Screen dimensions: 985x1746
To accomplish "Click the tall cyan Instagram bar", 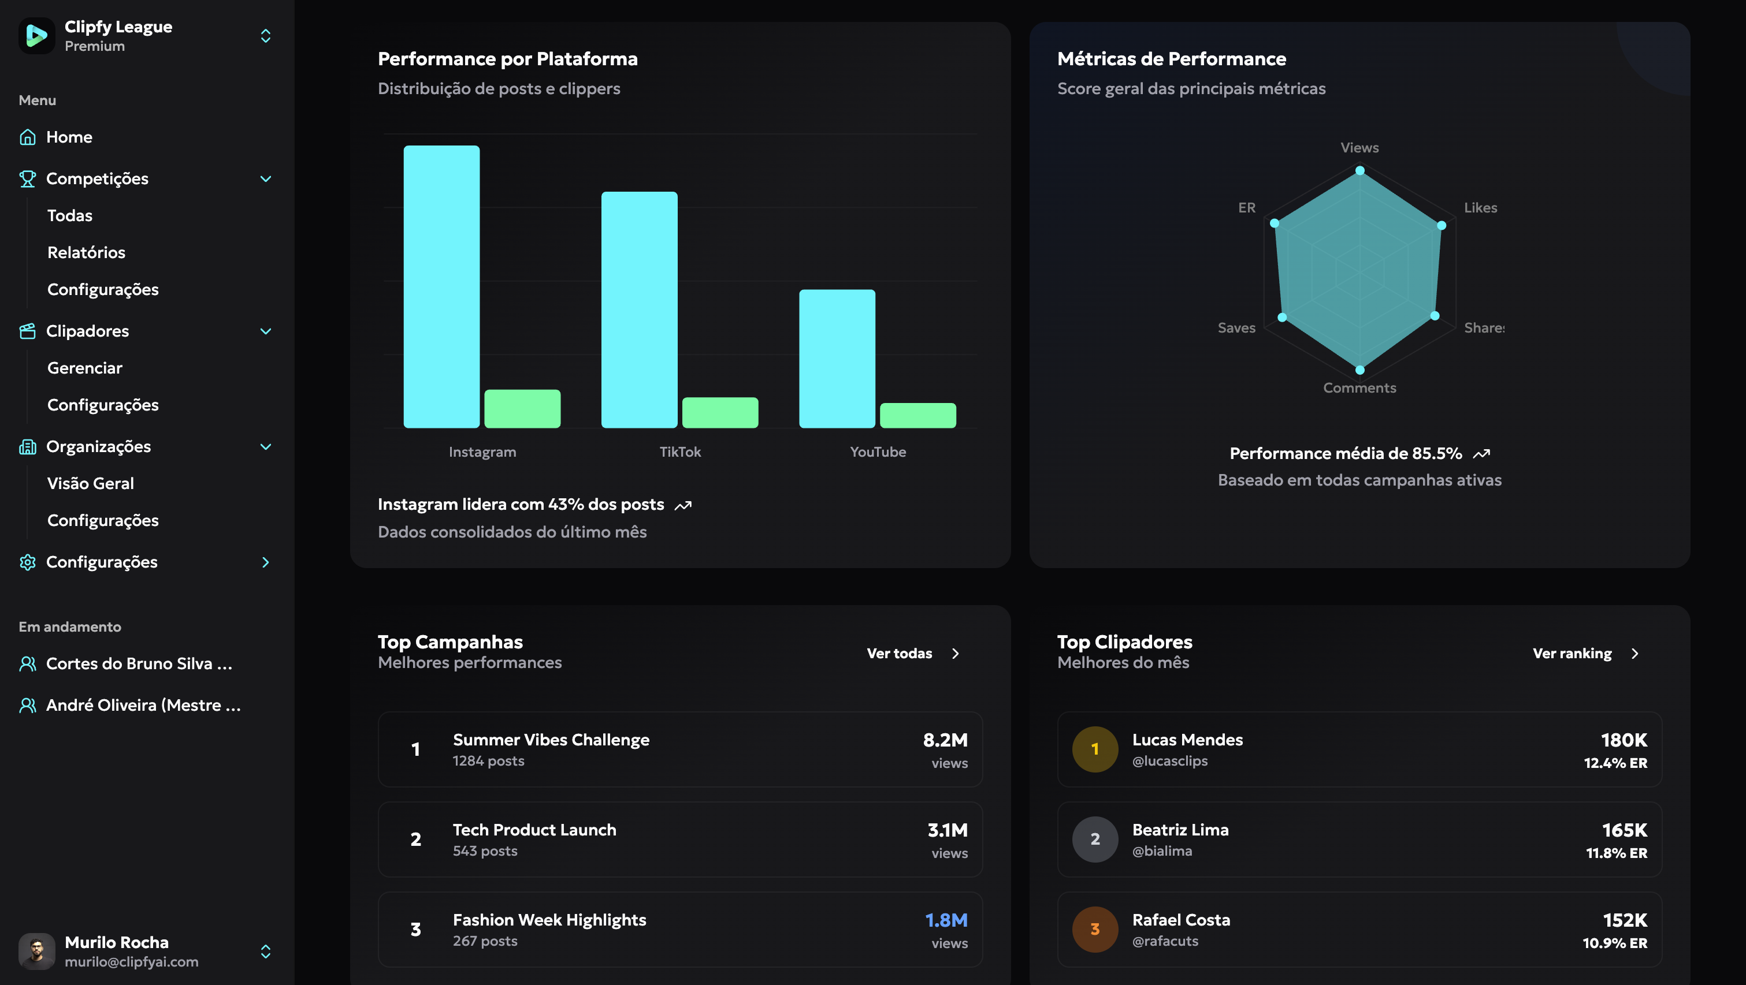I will (x=441, y=286).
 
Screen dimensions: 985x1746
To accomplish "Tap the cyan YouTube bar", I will (x=837, y=359).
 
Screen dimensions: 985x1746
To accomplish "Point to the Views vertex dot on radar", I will (x=1359, y=171).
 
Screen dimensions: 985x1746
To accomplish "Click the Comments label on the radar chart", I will (x=1359, y=387).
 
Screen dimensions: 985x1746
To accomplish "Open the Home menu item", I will (x=69, y=137).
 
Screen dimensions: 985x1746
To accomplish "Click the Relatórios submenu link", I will (x=86, y=252).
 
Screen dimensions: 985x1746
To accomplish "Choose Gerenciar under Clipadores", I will (x=85, y=368).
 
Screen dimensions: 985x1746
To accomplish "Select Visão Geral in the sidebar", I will (x=90, y=483).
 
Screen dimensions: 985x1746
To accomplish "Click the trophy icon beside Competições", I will (x=27, y=179).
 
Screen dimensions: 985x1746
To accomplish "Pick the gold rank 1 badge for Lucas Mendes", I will (x=1095, y=749).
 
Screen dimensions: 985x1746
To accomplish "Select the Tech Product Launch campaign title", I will (x=534, y=829).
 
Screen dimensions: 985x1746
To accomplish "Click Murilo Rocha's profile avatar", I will (x=36, y=950).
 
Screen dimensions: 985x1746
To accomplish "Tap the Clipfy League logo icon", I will (x=36, y=35).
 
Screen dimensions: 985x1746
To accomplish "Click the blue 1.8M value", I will (x=946, y=920).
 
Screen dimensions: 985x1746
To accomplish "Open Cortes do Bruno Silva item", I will (x=139, y=663).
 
